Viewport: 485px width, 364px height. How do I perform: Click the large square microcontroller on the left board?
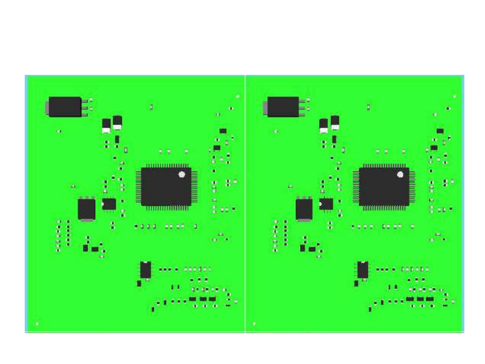pyautogui.click(x=166, y=186)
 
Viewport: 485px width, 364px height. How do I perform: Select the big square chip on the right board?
pyautogui.click(x=384, y=186)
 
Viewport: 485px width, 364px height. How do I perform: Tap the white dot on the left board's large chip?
pyautogui.click(x=182, y=174)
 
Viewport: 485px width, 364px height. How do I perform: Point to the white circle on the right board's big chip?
pyautogui.click(x=400, y=174)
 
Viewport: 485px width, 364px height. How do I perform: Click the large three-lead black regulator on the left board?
pyautogui.click(x=65, y=107)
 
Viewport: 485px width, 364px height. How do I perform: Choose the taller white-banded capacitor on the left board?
pyautogui.click(x=117, y=122)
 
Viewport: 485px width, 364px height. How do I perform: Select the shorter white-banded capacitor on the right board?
pyautogui.click(x=324, y=126)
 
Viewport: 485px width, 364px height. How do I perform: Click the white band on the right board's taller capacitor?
pyautogui.click(x=335, y=127)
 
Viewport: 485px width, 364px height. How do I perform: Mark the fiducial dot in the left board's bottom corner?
pyautogui.click(x=37, y=324)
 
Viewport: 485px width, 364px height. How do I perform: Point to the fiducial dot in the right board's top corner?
pyautogui.click(x=455, y=97)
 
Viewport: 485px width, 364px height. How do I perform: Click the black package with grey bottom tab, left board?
pyautogui.click(x=87, y=209)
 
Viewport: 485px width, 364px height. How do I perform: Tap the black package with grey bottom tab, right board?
pyautogui.click(x=304, y=209)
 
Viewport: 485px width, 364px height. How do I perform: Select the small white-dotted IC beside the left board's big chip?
pyautogui.click(x=109, y=204)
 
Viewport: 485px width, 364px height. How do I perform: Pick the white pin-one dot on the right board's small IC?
pyautogui.click(x=320, y=204)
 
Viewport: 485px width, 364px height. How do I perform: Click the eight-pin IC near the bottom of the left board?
pyautogui.click(x=146, y=270)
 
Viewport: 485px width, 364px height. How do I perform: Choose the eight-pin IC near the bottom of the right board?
pyautogui.click(x=363, y=270)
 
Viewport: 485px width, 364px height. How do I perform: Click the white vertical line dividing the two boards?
pyautogui.click(x=245, y=203)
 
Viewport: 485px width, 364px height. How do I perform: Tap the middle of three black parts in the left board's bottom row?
pyautogui.click(x=203, y=299)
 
